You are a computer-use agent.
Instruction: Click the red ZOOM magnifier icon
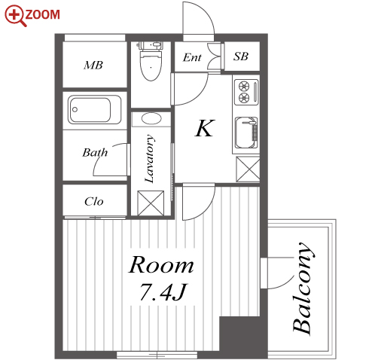click(x=15, y=16)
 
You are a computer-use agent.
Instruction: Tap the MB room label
click(x=93, y=66)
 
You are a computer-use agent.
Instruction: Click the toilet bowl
click(x=151, y=64)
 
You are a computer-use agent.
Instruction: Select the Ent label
click(x=192, y=57)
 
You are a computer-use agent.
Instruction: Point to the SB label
click(x=241, y=56)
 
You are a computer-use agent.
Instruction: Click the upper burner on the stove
click(x=244, y=86)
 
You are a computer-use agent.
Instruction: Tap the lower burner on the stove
click(x=244, y=97)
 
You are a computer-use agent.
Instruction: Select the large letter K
click(x=205, y=128)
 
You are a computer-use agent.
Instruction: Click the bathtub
click(x=94, y=110)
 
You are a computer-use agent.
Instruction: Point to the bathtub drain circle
click(x=75, y=110)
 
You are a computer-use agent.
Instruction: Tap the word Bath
click(x=95, y=152)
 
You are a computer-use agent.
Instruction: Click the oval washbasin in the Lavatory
click(x=151, y=118)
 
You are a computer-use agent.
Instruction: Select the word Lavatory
click(x=149, y=158)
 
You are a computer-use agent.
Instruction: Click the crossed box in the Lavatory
click(x=151, y=203)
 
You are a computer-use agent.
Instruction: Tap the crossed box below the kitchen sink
click(x=248, y=169)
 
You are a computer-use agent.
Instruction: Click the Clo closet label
click(x=94, y=201)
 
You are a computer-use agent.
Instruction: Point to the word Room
click(x=161, y=264)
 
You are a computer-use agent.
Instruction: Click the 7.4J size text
click(x=163, y=292)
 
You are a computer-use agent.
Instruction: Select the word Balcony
click(x=303, y=288)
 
